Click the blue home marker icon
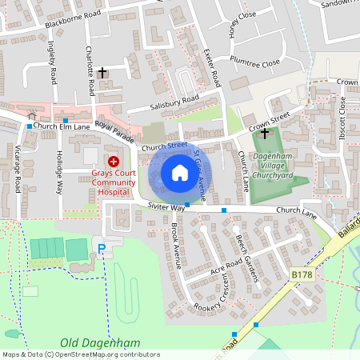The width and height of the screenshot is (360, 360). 180,172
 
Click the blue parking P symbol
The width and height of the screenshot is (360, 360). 102,250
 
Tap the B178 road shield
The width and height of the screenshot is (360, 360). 302,274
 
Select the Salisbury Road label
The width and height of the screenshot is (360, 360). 174,103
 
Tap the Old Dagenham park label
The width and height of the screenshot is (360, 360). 100,343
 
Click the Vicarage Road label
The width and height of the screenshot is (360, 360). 16,170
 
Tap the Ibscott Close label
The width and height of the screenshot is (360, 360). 342,115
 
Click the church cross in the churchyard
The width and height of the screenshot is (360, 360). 265,135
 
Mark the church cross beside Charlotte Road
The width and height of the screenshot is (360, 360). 102,72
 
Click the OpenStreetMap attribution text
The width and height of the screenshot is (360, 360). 81,354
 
